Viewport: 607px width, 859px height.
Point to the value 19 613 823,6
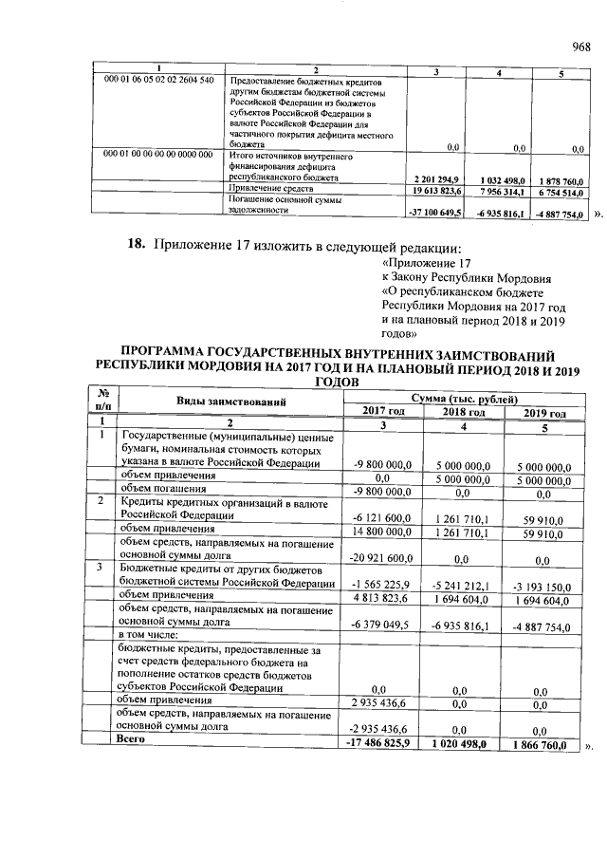(x=432, y=190)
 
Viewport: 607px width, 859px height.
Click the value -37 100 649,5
(x=432, y=213)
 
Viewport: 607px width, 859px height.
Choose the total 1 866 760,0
(x=541, y=745)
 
